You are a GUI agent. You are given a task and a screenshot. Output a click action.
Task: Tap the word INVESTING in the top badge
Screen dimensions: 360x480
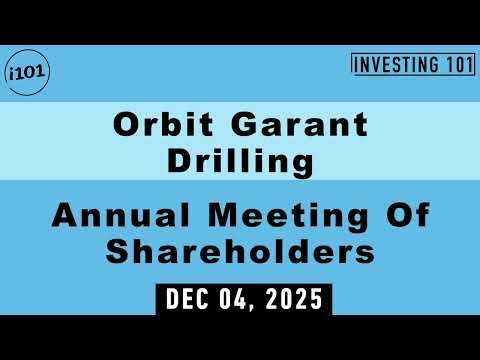coord(395,65)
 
